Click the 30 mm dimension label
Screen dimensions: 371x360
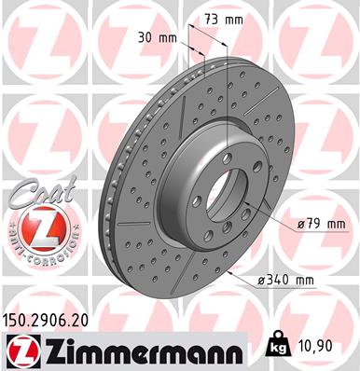pos(162,38)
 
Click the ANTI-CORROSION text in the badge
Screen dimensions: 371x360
pos(39,256)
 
